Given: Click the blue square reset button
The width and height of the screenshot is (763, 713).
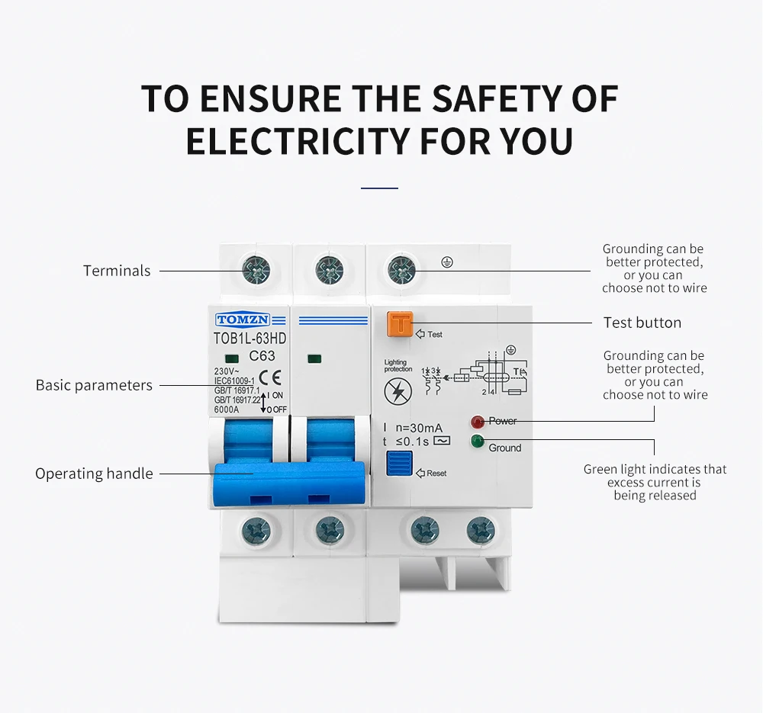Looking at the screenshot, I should point(400,463).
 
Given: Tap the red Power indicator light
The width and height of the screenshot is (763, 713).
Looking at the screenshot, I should point(478,421).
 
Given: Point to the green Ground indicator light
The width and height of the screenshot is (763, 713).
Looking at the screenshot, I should point(478,441).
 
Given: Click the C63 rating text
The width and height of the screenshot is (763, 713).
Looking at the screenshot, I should point(262,356).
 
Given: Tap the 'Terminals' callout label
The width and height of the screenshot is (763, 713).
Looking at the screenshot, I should point(117,271).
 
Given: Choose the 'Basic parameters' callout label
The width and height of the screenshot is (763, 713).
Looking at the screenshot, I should point(94,385).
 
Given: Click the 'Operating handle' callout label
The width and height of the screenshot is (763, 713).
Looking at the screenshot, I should point(94,474).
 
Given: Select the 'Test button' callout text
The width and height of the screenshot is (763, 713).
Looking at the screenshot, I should point(642,323).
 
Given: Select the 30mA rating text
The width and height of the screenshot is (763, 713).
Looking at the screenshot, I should point(419,428).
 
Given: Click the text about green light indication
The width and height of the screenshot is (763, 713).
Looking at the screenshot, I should point(655,482).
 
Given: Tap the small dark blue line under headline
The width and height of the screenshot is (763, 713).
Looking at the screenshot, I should point(379,188).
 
